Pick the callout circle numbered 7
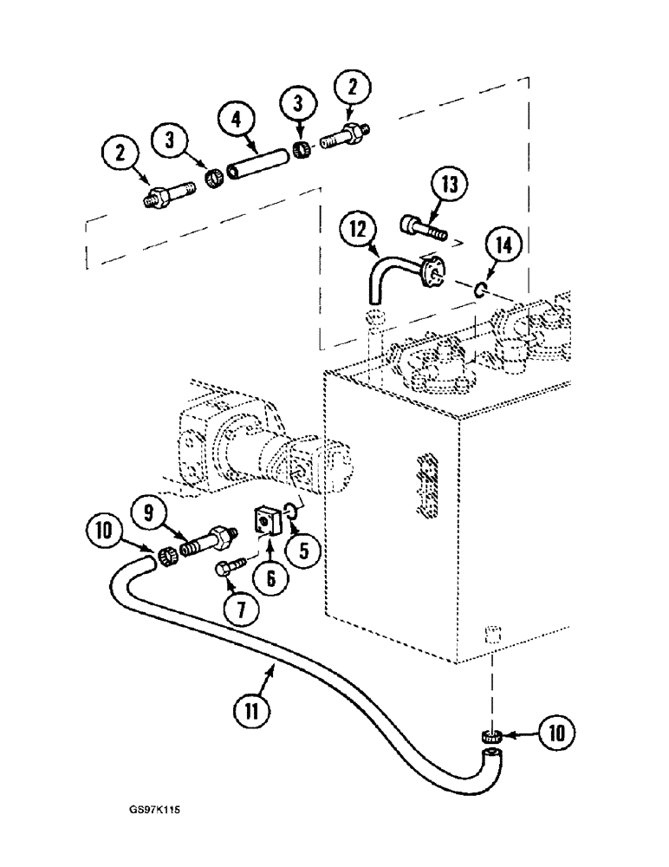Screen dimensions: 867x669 point(240,610)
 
